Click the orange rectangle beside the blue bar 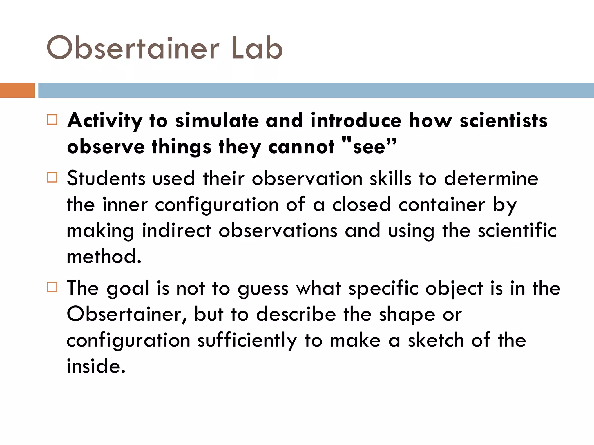pyautogui.click(x=17, y=90)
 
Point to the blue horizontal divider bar pyautogui.click(x=316, y=90)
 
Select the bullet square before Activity pyautogui.click(x=52, y=120)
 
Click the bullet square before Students pyautogui.click(x=52, y=177)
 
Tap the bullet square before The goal pyautogui.click(x=52, y=287)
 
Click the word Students pyautogui.click(x=106, y=178)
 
